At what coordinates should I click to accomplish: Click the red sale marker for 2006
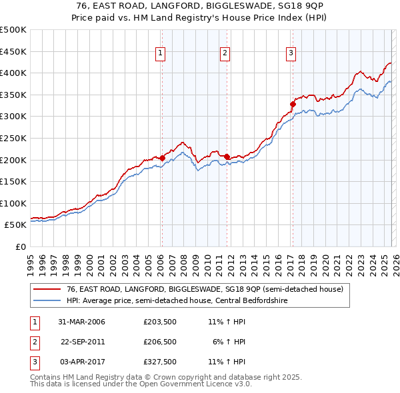pos(162,158)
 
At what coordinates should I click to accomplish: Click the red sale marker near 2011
pos(227,157)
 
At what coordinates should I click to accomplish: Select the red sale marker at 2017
pos(292,104)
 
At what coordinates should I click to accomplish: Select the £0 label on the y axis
pos(21,247)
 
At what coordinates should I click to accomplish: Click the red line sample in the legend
pos(47,290)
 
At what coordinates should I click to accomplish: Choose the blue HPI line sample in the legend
pos(47,300)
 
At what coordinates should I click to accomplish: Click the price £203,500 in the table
pos(159,322)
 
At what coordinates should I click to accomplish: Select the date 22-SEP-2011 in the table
pos(83,342)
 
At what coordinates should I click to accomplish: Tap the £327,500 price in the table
pos(159,362)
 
